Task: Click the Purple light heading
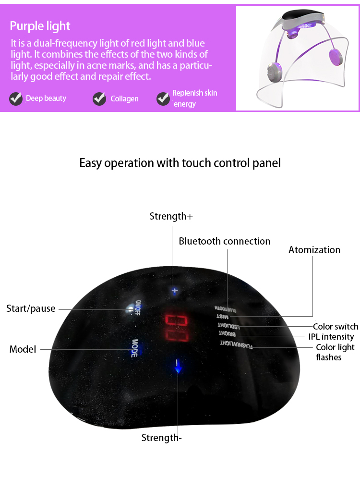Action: click(40, 26)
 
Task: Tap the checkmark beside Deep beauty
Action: click(16, 99)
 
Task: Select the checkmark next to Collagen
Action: click(99, 99)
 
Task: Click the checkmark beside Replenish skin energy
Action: click(163, 99)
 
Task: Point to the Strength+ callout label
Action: click(171, 216)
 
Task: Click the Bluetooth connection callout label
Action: click(224, 241)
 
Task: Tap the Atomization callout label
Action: click(314, 250)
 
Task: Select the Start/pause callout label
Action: click(31, 308)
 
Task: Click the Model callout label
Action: click(23, 349)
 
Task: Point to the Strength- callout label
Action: click(161, 438)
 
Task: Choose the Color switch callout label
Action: click(336, 327)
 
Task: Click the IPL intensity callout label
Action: click(331, 337)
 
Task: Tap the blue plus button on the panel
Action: click(175, 291)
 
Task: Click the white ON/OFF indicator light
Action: click(130, 309)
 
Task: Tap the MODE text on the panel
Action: click(135, 348)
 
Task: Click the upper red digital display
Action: click(176, 320)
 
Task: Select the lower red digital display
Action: click(176, 335)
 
